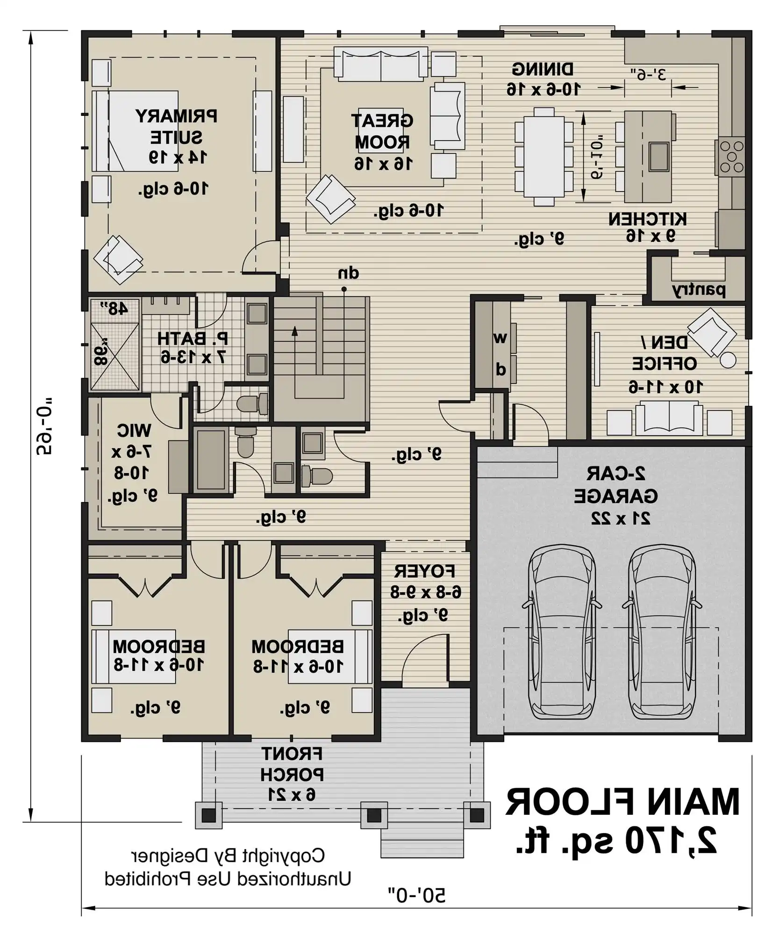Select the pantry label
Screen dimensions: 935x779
[699, 290]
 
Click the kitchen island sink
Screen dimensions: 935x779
[659, 157]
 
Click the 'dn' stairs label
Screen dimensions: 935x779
[348, 273]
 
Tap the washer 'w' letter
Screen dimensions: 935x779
[500, 338]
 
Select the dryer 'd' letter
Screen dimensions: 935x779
[500, 370]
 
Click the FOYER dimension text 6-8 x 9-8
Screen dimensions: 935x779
[426, 592]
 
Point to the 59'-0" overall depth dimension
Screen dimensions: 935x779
[44, 425]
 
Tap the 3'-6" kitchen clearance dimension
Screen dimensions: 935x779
[649, 74]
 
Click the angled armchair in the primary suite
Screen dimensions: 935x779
[118, 259]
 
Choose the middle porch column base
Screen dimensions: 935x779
[374, 816]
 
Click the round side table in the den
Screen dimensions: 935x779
[728, 360]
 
